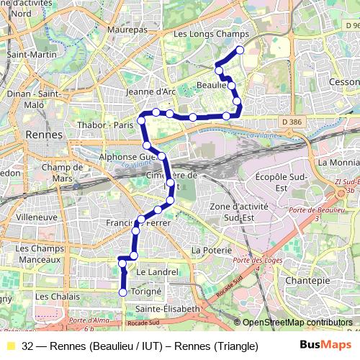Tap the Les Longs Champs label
coord(211,34)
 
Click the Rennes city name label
coord(45,134)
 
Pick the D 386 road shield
coord(292,122)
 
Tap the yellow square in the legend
coord(10,346)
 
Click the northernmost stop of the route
coord(240,50)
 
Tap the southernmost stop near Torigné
coord(123,292)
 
